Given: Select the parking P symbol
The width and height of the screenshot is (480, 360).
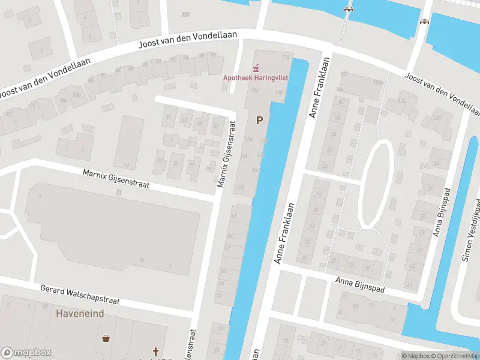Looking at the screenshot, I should pos(259,121).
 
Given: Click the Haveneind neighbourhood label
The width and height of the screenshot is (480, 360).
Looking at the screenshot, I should pos(80,314).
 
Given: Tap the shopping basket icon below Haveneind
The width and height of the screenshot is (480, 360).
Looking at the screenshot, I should pos(106,338).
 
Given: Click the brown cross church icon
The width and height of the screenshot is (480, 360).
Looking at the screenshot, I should pos(156,352).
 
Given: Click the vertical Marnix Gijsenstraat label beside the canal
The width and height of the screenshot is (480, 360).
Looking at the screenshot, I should pos(226,152).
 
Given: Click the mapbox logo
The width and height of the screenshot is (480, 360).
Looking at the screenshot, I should pos(27,353).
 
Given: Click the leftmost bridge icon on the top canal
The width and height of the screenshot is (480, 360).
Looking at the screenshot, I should pos(347,8).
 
